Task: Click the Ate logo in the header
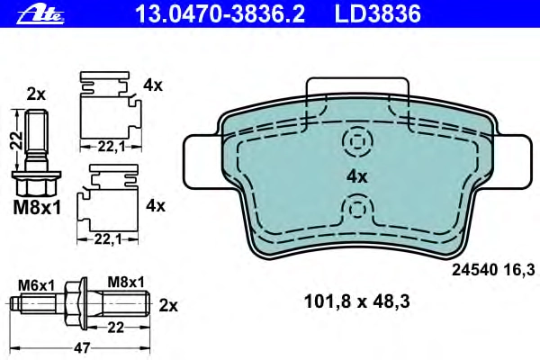click(40, 14)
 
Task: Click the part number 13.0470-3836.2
click(220, 14)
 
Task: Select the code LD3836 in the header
click(378, 14)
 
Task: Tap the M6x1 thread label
click(37, 285)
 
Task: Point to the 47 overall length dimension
click(82, 347)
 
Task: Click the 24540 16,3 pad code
click(493, 270)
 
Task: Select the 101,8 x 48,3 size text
click(356, 301)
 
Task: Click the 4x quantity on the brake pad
click(356, 177)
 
